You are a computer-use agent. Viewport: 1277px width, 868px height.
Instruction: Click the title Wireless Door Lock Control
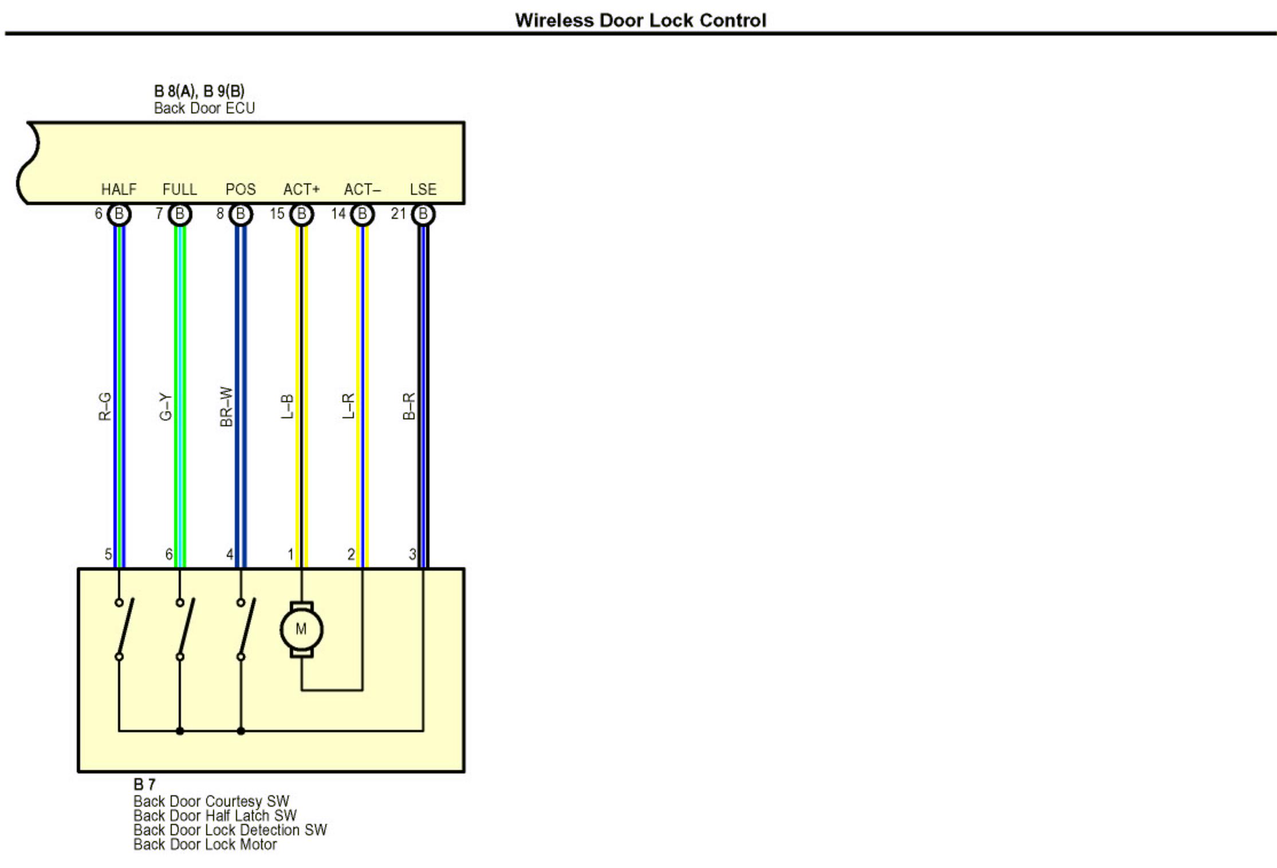[x=640, y=21]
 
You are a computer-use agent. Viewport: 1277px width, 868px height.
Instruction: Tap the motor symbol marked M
[x=301, y=629]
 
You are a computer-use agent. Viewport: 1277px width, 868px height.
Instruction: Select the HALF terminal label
[x=119, y=190]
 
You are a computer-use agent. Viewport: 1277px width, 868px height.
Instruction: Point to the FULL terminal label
[x=179, y=190]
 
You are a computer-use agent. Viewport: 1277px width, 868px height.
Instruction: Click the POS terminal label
[x=241, y=190]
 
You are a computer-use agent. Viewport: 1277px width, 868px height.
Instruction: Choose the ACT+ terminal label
[x=301, y=190]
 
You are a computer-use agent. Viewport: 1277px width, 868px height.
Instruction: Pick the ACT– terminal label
[x=362, y=190]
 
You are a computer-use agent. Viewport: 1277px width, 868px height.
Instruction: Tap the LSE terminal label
[x=423, y=190]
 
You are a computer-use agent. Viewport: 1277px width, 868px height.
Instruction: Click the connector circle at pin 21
[x=423, y=214]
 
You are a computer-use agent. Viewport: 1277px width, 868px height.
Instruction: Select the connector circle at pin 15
[x=301, y=214]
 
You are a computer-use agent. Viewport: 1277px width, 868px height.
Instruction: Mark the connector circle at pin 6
[x=119, y=214]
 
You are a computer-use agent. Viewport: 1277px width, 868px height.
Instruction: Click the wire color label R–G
[x=105, y=407]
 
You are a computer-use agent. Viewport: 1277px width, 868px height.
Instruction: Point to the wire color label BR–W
[x=226, y=407]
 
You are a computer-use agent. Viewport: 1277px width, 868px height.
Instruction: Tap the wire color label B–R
[x=409, y=406]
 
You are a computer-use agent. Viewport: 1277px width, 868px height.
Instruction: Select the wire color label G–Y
[x=165, y=407]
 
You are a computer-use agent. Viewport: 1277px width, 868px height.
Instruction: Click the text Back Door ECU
[x=204, y=108]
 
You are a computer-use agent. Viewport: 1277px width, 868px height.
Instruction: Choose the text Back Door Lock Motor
[x=205, y=845]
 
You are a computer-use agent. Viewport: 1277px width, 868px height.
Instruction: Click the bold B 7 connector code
[x=144, y=784]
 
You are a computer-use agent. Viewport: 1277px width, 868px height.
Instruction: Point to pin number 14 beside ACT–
[x=338, y=214]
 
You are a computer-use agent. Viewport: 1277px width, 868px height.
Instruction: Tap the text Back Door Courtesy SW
[x=211, y=801]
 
